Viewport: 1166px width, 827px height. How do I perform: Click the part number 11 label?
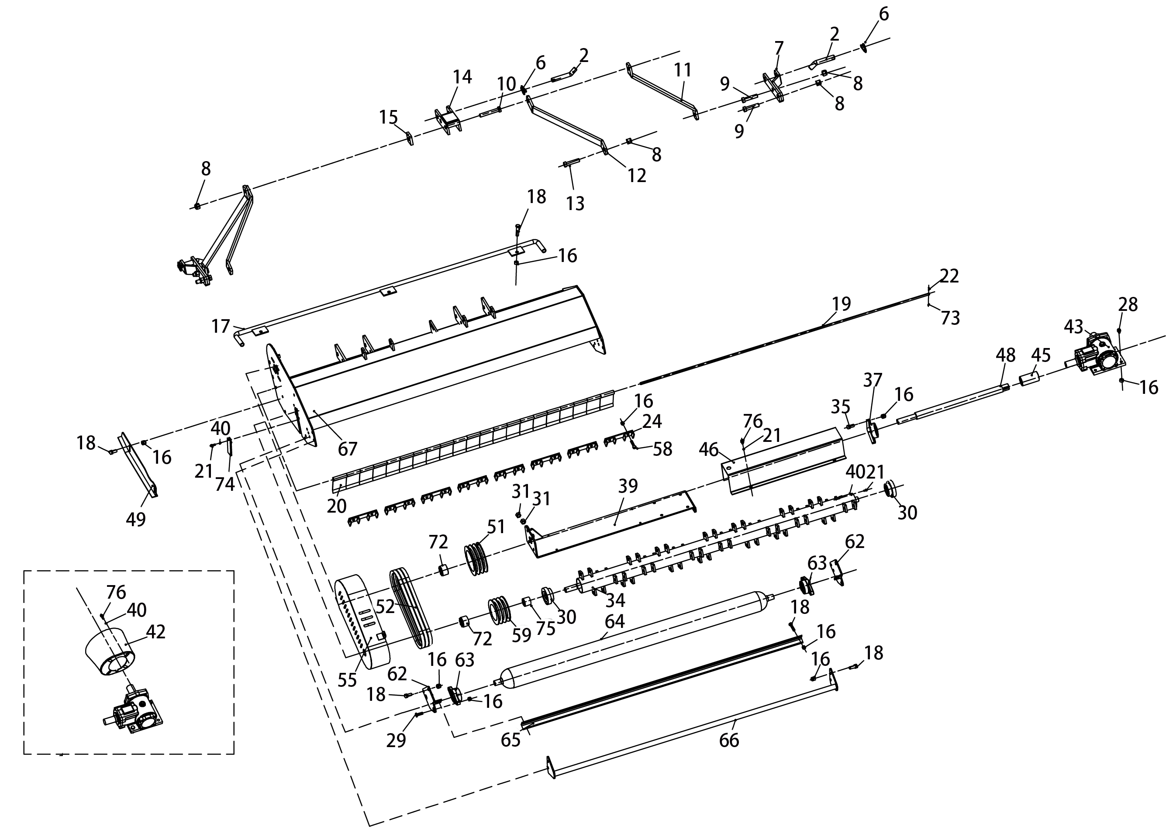coord(683,70)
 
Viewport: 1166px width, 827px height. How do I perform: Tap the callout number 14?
coord(462,77)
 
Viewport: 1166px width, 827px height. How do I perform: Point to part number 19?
coord(842,303)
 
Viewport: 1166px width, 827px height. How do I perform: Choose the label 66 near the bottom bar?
coord(728,740)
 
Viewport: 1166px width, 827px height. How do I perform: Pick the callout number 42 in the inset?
coord(155,631)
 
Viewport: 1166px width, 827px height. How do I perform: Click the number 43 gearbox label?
coord(1073,327)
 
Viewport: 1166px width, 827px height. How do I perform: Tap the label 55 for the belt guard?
coord(347,680)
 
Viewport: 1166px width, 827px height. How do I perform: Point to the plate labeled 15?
coord(410,138)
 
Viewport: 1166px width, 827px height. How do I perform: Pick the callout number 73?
coord(950,317)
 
